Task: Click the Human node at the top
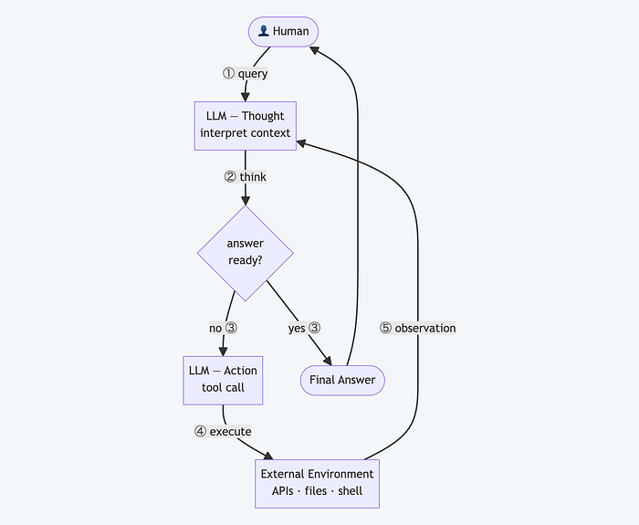click(x=283, y=32)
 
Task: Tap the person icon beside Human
click(x=264, y=31)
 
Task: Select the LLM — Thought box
click(x=246, y=126)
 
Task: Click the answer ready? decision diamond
click(x=246, y=253)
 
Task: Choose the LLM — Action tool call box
click(x=223, y=381)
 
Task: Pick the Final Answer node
click(x=342, y=381)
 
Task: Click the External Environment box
click(x=317, y=484)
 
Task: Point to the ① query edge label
click(x=245, y=74)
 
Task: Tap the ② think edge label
click(x=246, y=177)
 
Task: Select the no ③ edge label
click(x=223, y=328)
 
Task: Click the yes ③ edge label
click(x=304, y=328)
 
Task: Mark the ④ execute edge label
click(x=223, y=431)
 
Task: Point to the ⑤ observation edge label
click(x=418, y=328)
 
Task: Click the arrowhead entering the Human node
click(x=314, y=50)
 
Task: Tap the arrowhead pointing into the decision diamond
click(x=246, y=201)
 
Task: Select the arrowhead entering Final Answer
click(x=328, y=361)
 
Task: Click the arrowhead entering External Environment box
click(x=268, y=456)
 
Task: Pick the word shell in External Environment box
click(x=350, y=491)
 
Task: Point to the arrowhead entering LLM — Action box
click(x=223, y=352)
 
